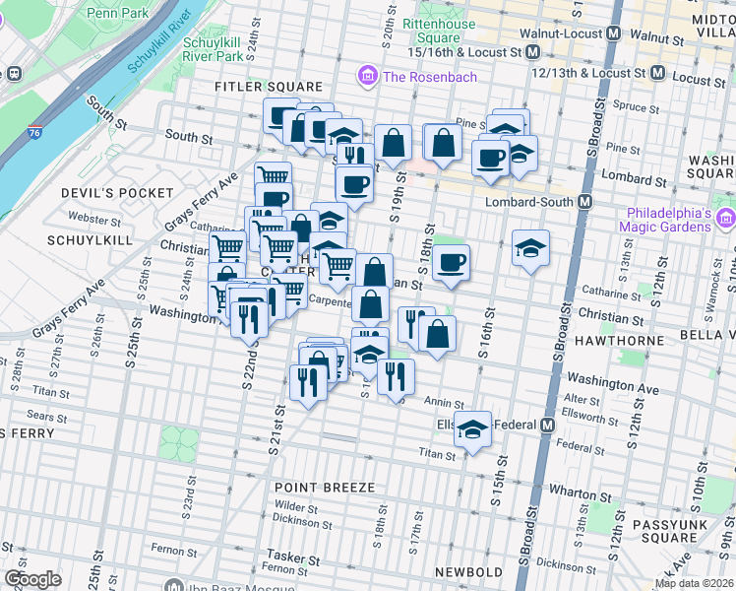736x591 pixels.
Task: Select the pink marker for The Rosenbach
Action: [x=368, y=76]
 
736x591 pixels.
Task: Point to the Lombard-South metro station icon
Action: [x=584, y=201]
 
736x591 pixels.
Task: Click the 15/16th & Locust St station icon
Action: [x=532, y=51]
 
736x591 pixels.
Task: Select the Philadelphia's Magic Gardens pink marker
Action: [x=726, y=218]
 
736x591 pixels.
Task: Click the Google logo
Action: [x=32, y=578]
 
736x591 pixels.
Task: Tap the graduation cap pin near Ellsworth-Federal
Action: [x=473, y=428]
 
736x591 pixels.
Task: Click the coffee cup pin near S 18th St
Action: [x=452, y=262]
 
